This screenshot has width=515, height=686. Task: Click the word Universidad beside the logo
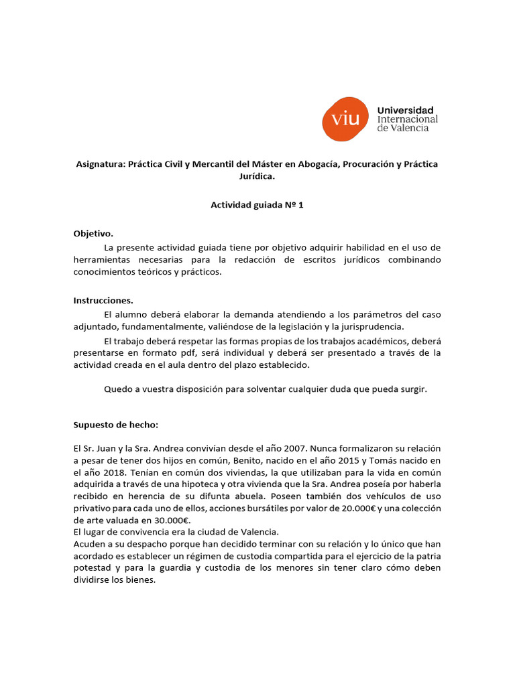pos(406,110)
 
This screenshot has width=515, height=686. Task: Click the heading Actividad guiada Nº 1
pos(257,206)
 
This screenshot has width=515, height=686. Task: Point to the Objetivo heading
pos(93,234)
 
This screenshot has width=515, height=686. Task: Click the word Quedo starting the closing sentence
pos(119,389)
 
